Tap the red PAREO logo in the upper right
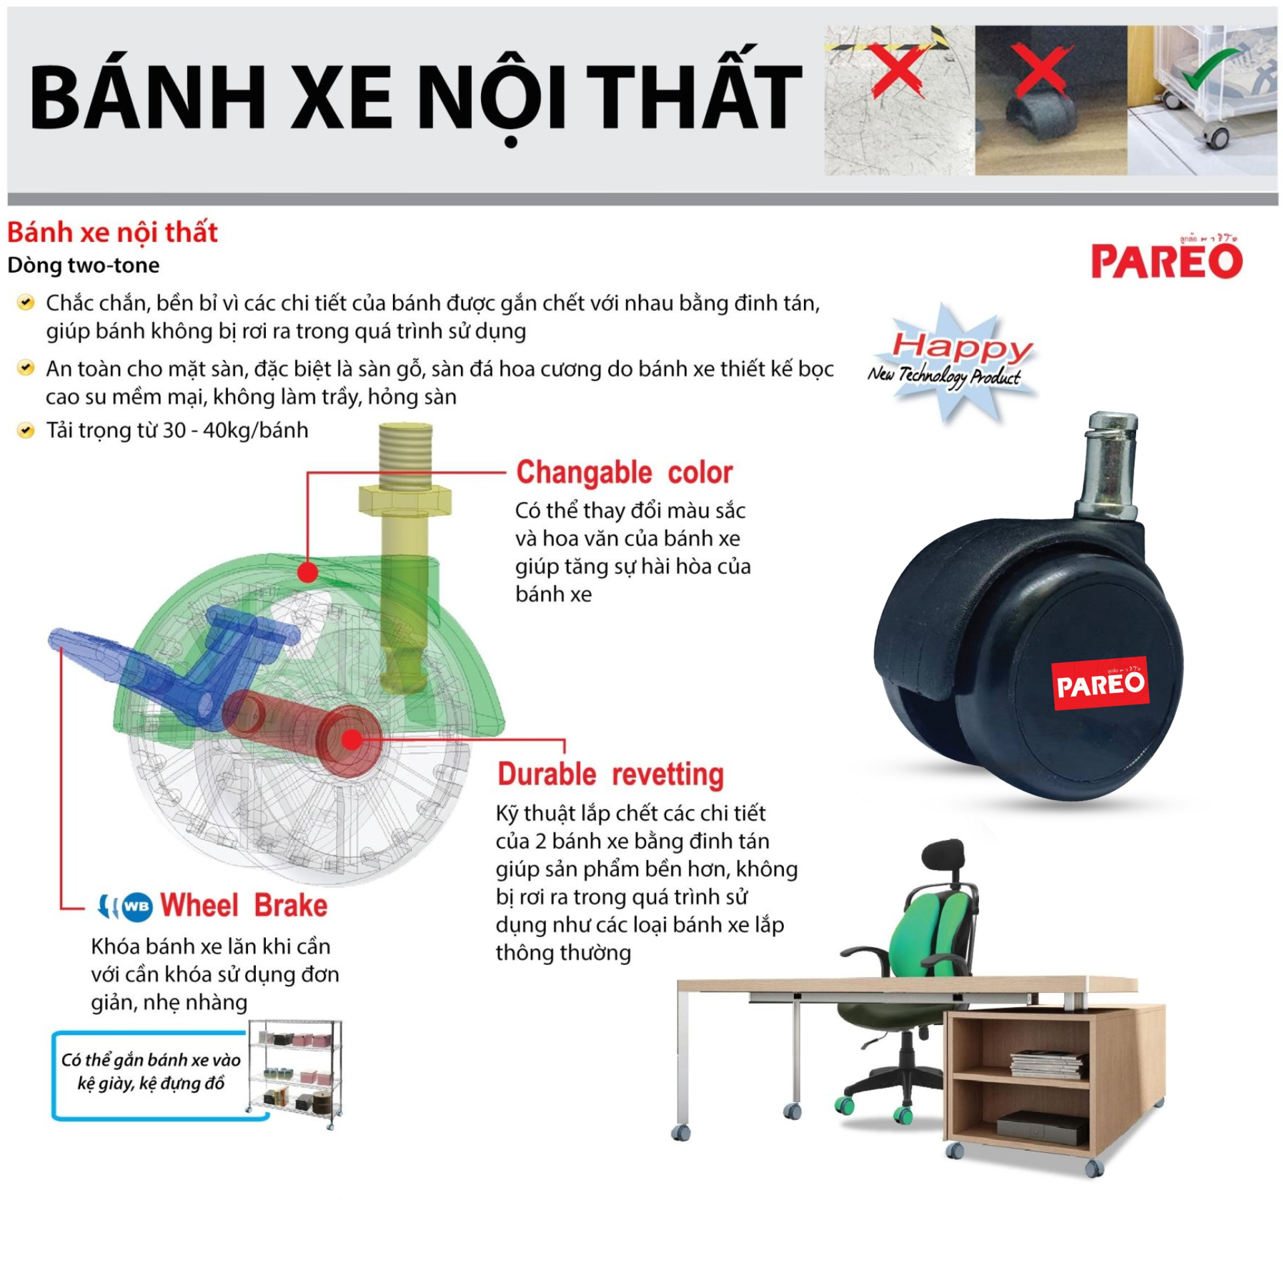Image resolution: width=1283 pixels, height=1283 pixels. pyautogui.click(x=1166, y=259)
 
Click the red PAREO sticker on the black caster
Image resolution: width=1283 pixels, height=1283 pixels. pyautogui.click(x=1100, y=683)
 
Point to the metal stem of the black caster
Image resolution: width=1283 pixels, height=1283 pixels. pyautogui.click(x=1109, y=467)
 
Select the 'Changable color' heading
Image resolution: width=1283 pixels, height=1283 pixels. pyautogui.click(x=624, y=472)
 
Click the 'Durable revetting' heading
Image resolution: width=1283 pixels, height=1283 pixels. pyautogui.click(x=611, y=774)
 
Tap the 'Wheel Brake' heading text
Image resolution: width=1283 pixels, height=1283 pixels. pyautogui.click(x=244, y=905)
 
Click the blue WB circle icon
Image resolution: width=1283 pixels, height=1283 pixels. pyautogui.click(x=137, y=907)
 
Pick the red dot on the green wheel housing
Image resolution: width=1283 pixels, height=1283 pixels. pyautogui.click(x=307, y=572)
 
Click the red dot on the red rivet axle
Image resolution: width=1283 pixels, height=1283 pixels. pyautogui.click(x=351, y=738)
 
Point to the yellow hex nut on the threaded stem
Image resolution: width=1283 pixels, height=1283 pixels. pyautogui.click(x=405, y=500)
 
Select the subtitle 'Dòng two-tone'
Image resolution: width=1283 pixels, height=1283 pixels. pyautogui.click(x=84, y=265)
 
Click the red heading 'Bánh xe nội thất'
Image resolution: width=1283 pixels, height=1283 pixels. pyautogui.click(x=112, y=232)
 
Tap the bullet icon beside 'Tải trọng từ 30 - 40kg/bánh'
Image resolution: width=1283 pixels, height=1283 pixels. pyautogui.click(x=25, y=430)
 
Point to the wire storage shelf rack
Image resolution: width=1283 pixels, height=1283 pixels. pyautogui.click(x=295, y=1075)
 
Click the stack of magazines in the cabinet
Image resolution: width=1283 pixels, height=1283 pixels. pyautogui.click(x=1048, y=1064)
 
